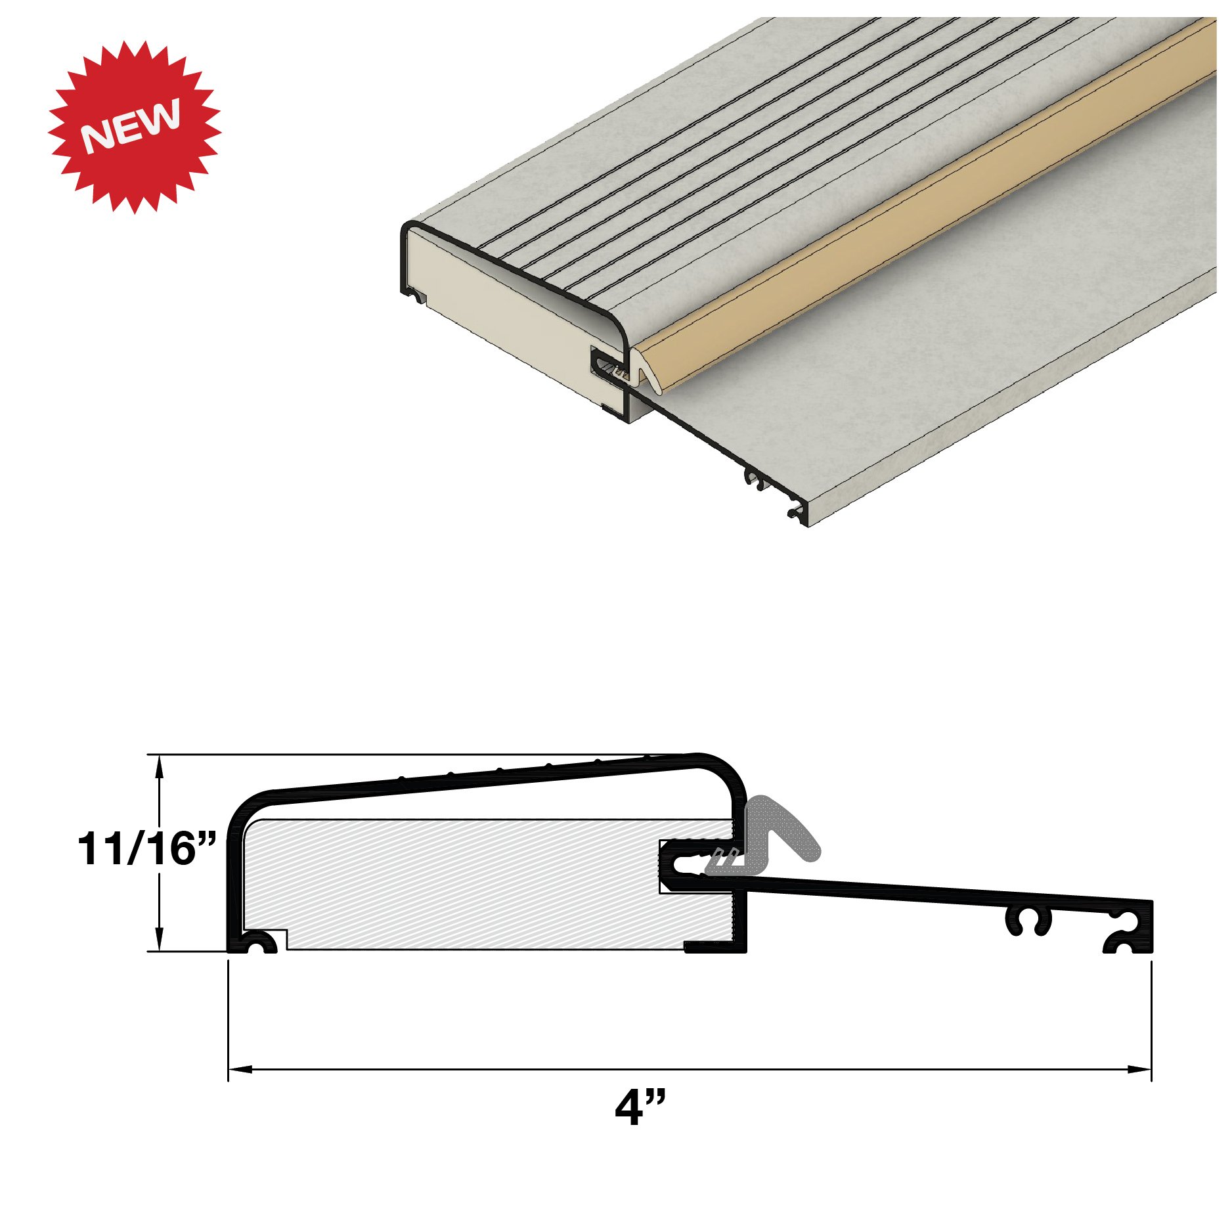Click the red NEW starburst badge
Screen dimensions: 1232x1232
coord(135,127)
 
